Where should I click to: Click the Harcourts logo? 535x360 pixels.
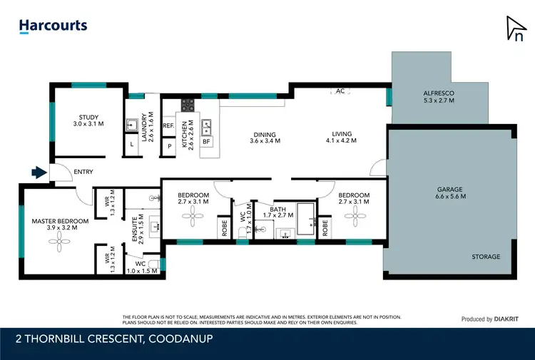pos(53,26)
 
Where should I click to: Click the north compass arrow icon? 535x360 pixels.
pos(514,29)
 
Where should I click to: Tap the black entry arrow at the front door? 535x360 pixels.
pos(39,172)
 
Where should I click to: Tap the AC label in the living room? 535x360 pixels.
pos(340,91)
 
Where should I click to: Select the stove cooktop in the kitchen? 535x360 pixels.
pos(188,106)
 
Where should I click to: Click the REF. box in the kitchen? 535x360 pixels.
pos(169,126)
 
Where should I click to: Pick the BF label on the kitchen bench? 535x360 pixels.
pos(206,142)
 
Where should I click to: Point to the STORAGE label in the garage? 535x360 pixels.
pos(486,257)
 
